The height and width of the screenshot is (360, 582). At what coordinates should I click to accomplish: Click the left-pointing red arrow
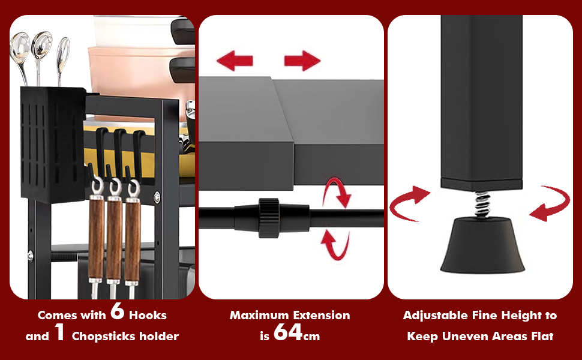[235, 61]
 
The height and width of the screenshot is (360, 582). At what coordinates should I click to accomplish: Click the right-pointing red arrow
[302, 61]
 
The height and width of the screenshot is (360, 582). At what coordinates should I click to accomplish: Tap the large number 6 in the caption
[117, 311]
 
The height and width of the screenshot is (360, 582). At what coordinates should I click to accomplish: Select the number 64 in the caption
[288, 332]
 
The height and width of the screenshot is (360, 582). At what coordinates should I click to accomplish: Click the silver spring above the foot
[482, 205]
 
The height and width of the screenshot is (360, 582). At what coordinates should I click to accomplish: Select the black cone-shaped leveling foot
[482, 245]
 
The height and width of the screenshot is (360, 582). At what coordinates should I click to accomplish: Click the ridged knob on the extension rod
[269, 218]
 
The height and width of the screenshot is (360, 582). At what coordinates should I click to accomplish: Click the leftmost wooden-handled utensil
[96, 237]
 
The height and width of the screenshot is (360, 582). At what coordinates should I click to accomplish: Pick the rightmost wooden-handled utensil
[132, 238]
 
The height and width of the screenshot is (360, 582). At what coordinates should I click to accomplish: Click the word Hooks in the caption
[148, 316]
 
